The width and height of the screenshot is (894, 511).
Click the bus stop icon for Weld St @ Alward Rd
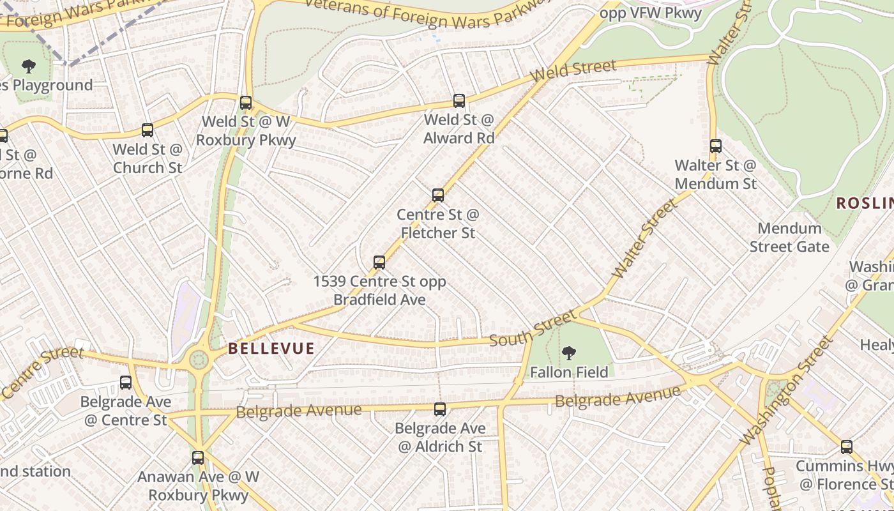[459, 101]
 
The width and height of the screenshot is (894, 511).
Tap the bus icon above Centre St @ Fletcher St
[438, 195]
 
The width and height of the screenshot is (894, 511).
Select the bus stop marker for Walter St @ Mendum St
[716, 146]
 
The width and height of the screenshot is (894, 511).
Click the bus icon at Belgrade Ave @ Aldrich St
[440, 409]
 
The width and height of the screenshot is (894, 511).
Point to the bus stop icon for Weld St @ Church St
[148, 130]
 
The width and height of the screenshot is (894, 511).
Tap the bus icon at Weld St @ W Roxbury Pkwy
[246, 103]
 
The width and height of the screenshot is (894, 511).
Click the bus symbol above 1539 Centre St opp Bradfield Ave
[379, 263]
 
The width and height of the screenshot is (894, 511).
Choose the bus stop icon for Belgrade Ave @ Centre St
[126, 383]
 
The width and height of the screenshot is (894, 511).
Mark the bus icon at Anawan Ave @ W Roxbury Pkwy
[198, 458]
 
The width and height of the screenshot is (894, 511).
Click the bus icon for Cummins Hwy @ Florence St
[847, 447]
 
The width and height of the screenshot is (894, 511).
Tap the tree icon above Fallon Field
[568, 353]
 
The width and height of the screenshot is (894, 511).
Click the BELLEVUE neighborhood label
[271, 349]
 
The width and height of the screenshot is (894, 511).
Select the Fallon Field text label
[569, 372]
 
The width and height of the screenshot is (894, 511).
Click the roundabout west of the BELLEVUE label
[199, 359]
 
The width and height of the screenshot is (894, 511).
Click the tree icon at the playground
[28, 66]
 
